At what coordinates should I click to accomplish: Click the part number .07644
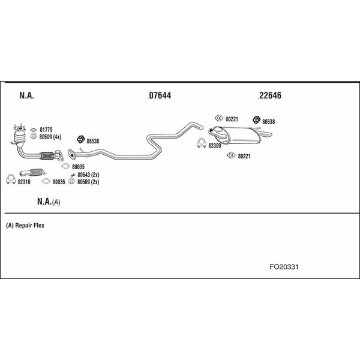(x=160, y=95)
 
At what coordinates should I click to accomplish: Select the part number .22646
(x=269, y=95)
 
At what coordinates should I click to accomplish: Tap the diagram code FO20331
(x=284, y=267)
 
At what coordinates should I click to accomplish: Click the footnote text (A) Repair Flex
(x=25, y=226)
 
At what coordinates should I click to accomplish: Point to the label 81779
(x=46, y=130)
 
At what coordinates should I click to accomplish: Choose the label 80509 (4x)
(x=50, y=137)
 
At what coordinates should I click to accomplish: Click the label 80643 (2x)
(x=88, y=175)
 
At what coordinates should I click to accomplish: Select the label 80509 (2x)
(x=88, y=182)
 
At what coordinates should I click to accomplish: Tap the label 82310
(x=24, y=182)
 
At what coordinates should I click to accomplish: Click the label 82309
(x=215, y=146)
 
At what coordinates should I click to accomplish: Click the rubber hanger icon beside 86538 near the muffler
(x=256, y=119)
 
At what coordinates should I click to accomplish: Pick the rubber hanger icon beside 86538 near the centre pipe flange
(x=81, y=139)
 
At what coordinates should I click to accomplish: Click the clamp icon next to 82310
(x=11, y=179)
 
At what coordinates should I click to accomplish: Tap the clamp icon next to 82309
(x=202, y=143)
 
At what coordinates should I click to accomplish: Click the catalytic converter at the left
(x=20, y=136)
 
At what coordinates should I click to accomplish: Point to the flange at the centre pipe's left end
(x=71, y=155)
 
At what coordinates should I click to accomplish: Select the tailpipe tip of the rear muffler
(x=267, y=134)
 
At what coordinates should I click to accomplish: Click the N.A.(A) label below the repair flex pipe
(x=49, y=202)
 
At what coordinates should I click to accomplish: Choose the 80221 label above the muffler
(x=232, y=119)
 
